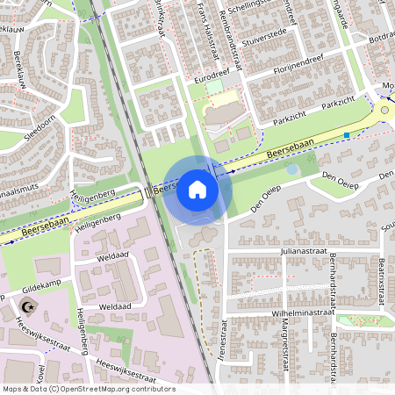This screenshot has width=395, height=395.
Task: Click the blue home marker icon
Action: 197,189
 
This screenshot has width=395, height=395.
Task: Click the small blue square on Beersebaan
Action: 348,135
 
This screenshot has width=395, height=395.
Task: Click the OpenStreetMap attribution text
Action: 89,389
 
